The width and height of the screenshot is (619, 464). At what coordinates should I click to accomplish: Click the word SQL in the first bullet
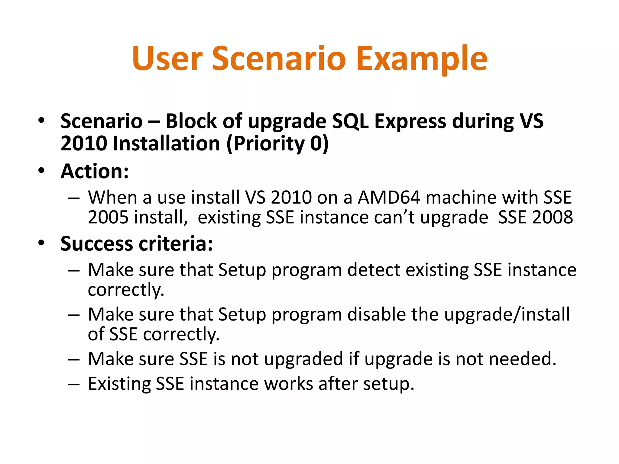pyautogui.click(x=350, y=121)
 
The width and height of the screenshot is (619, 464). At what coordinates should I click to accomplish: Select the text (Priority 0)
pyautogui.click(x=277, y=143)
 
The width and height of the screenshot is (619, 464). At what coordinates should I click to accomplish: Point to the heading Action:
pyautogui.click(x=95, y=171)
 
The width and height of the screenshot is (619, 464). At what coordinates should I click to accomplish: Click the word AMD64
pyautogui.click(x=389, y=198)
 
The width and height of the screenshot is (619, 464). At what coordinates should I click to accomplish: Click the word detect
pyautogui.click(x=374, y=270)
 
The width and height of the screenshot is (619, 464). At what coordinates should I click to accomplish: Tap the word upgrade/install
pyautogui.click(x=507, y=314)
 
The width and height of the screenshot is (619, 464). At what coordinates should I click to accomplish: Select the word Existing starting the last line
pyautogui.click(x=119, y=384)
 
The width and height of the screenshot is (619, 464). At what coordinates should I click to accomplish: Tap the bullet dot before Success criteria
pyautogui.click(x=41, y=243)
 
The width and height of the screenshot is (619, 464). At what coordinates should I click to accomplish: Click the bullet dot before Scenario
pyautogui.click(x=41, y=121)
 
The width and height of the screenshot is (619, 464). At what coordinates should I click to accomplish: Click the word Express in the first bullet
pyautogui.click(x=410, y=121)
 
